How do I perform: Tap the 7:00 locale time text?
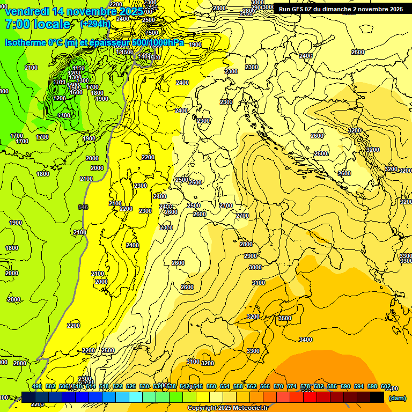[38, 24]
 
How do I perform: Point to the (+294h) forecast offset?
[95, 24]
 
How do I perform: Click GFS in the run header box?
[303, 9]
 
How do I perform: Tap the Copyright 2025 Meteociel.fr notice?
[228, 408]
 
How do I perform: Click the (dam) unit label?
[397, 398]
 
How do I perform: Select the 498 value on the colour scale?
[36, 386]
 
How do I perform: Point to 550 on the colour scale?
[211, 386]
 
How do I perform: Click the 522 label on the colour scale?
[117, 386]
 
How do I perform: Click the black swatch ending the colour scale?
[377, 397]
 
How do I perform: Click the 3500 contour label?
[284, 318]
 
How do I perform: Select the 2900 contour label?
[251, 256]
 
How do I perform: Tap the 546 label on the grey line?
[83, 207]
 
